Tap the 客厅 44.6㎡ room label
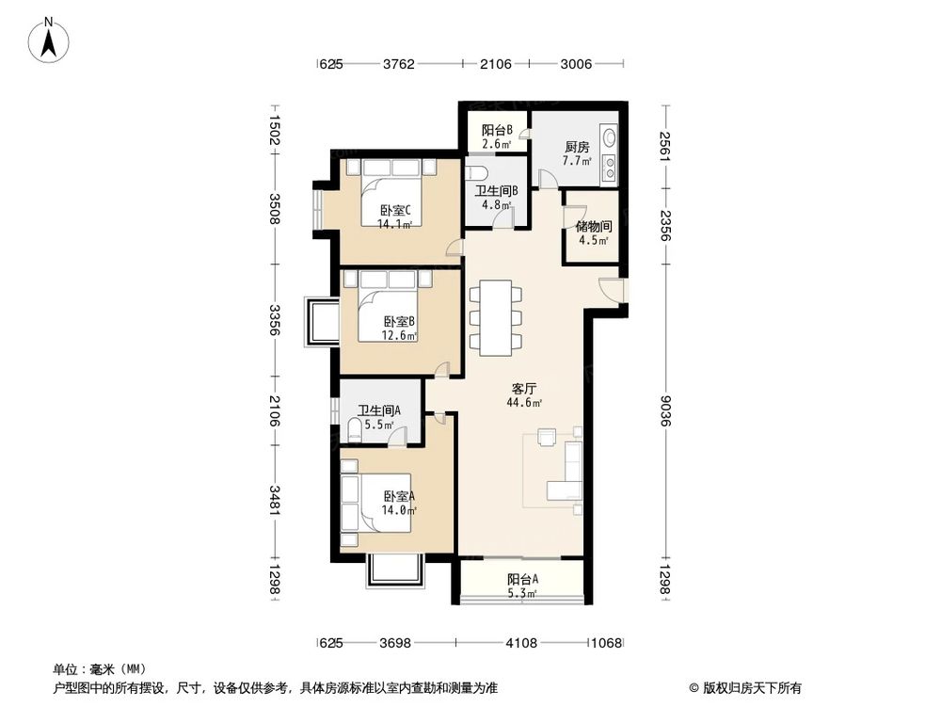(524, 394)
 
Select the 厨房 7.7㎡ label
(577, 154)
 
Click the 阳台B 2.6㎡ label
(496, 137)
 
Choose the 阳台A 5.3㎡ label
(522, 586)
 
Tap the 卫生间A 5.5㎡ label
(379, 417)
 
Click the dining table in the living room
(495, 317)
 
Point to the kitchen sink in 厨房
(609, 138)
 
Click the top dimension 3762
(399, 64)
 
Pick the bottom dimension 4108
(520, 644)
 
